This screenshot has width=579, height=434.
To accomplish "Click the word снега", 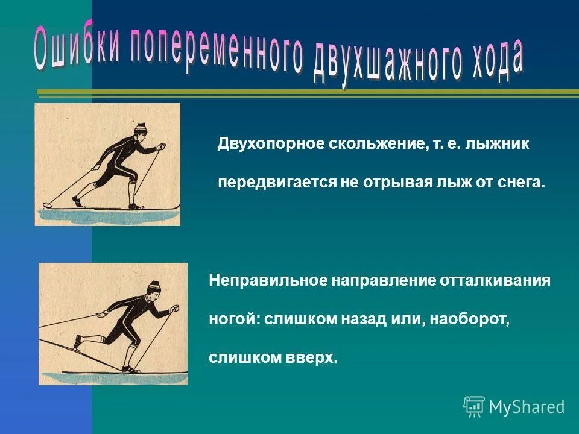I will tap(519, 182).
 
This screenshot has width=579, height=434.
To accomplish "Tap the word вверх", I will tap(314, 357).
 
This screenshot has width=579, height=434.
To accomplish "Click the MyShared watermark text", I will tap(527, 407).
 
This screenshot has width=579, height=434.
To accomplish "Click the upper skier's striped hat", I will tap(141, 128).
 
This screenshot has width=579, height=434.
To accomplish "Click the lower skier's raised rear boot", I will tap(77, 344).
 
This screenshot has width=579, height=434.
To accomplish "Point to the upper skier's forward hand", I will tap(161, 146).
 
